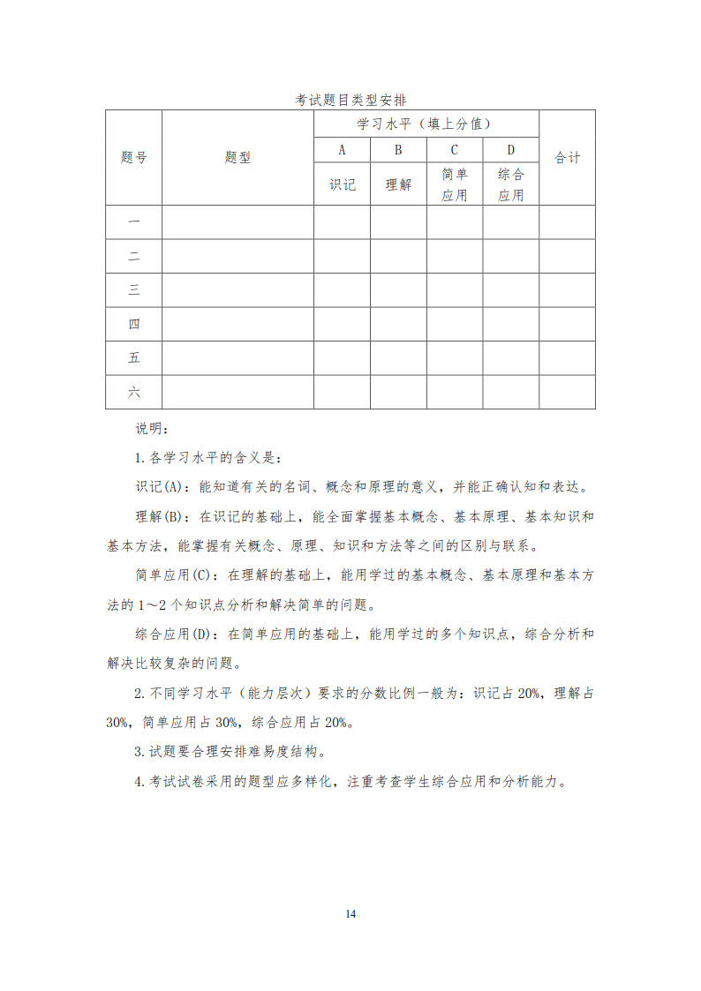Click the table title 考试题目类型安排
350,101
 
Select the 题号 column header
133,158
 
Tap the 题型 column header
237,158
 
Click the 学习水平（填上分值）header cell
426,124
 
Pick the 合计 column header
567,158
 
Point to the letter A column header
342,150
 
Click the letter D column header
510,150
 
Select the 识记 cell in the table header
342,184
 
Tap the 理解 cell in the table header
398,184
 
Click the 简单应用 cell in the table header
455,184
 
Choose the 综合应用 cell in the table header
510,184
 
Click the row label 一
133,222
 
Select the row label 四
133,324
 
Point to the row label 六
133,392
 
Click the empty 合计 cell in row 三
567,290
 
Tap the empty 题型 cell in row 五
237,358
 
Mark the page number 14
350,913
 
